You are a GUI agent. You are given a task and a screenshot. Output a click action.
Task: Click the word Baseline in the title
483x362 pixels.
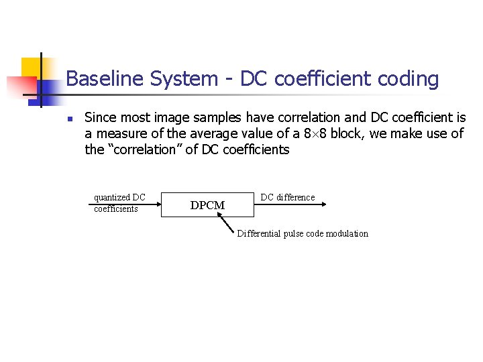[x=105, y=79]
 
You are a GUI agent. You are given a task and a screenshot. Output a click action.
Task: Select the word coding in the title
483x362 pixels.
[x=407, y=79]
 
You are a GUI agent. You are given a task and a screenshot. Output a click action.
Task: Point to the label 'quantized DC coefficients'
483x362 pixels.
[x=119, y=202]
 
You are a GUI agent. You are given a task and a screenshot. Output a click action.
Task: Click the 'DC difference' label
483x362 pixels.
[x=287, y=197]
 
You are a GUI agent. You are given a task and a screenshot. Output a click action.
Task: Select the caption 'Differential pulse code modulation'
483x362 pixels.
[x=303, y=233]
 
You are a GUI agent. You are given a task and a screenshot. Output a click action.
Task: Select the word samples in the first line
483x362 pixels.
[x=223, y=117]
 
